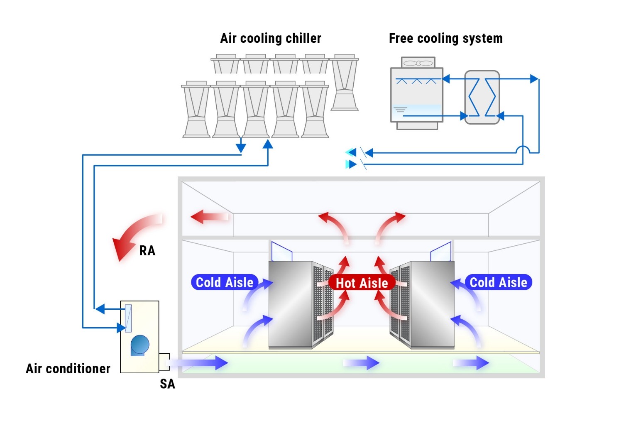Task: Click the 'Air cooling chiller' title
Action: pos(270,39)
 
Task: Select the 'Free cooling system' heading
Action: pos(445,39)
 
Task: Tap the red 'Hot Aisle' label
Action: pos(362,283)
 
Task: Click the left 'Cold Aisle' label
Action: pos(224,282)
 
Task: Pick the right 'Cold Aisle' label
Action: pos(498,282)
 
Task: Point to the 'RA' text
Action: pos(147,251)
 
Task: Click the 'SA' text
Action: pos(167,384)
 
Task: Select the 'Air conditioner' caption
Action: pos(68,369)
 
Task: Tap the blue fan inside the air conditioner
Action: pos(139,345)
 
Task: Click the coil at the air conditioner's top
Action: pos(128,318)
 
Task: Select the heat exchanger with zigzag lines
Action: pos(482,98)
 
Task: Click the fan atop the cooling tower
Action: pos(418,63)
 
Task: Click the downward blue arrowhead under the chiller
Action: pos(241,148)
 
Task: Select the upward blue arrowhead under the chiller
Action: pos(268,144)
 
